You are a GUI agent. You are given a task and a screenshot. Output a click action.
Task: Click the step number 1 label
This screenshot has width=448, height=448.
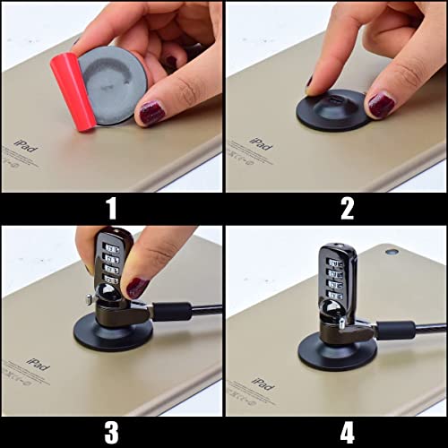tap(111, 209)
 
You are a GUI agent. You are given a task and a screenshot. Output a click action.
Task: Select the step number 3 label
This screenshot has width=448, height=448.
tap(111, 432)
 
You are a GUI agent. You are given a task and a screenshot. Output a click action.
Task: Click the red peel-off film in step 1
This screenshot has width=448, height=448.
tap(73, 90)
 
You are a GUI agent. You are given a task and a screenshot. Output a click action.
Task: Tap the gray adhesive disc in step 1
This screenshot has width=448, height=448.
tap(114, 81)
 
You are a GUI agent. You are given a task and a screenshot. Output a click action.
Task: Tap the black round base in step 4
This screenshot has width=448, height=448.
tap(336, 351)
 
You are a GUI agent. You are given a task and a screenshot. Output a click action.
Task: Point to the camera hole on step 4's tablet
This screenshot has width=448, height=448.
tap(392, 252)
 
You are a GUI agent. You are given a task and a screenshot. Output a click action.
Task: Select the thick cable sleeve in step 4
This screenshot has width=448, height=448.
tap(394, 330)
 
